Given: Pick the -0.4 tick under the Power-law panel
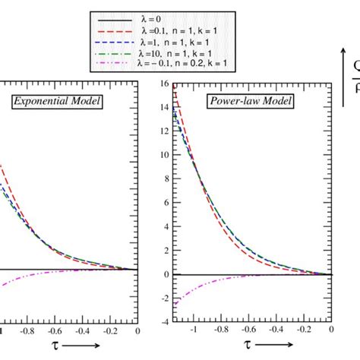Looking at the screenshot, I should pyautogui.click(x=276, y=330).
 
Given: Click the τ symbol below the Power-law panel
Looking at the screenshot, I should pyautogui.click(x=248, y=345).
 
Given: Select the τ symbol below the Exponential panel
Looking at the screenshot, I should pyautogui.click(x=55, y=345).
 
